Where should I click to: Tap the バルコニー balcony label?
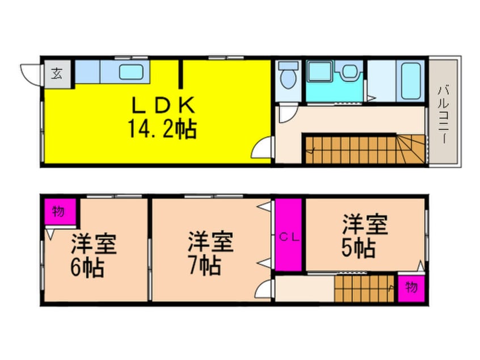click(x=443, y=113)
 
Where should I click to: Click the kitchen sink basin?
click(x=131, y=73)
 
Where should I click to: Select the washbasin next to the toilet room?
click(x=348, y=72)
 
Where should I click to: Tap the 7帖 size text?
click(x=204, y=266)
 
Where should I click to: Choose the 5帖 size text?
click(x=358, y=248)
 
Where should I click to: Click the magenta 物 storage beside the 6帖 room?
click(x=58, y=212)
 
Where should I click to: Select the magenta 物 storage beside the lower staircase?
click(x=411, y=287)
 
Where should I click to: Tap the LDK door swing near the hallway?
click(x=262, y=150)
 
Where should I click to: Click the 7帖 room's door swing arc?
click(x=263, y=291)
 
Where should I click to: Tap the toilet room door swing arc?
click(x=287, y=114)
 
